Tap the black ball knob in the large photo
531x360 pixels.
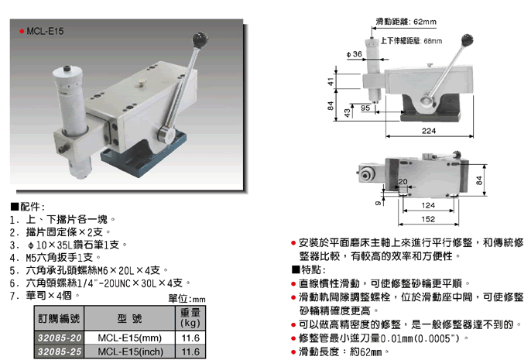pos(200,40)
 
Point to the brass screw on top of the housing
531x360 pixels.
pos(140,83)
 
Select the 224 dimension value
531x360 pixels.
pos(429,131)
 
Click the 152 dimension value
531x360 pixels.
pos(428,219)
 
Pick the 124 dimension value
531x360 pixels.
pos(428,205)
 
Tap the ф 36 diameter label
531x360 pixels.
pos(355,54)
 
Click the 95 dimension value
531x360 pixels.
pos(365,108)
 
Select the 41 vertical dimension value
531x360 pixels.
pos(331,81)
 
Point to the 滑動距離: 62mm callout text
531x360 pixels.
pos(406,22)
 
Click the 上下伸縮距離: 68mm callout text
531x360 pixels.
pos(411,41)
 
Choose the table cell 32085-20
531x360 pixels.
pos(60,338)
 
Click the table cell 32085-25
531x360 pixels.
pos(60,351)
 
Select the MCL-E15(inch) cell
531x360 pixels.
pos(130,351)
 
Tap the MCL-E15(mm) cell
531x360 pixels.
pos(130,338)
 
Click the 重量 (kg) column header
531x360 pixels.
pos(190,317)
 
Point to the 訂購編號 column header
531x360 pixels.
pos(59,318)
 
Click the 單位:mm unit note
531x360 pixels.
pos(187,299)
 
